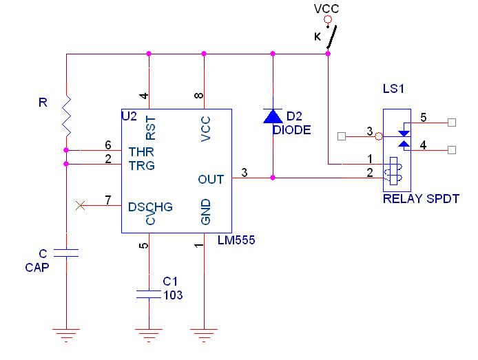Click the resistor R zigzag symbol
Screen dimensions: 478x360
click(x=66, y=116)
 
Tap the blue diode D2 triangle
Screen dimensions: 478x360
click(x=273, y=116)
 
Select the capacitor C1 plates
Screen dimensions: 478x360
click(x=149, y=294)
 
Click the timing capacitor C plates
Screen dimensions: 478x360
click(x=66, y=253)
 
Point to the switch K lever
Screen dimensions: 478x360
click(x=332, y=37)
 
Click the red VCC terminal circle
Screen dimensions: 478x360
click(x=328, y=20)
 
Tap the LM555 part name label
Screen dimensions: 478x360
click(x=236, y=240)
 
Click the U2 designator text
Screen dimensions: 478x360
click(x=129, y=116)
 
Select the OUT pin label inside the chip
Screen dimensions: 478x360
click(x=211, y=180)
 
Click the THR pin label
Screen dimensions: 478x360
click(x=141, y=151)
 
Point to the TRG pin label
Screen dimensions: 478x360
click(x=141, y=166)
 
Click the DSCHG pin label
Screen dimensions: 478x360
click(x=150, y=207)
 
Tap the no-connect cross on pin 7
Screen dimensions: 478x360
click(x=80, y=206)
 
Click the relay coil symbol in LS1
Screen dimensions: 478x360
click(x=393, y=171)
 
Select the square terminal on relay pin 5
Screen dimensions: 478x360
click(x=452, y=123)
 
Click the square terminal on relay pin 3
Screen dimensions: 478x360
click(x=342, y=136)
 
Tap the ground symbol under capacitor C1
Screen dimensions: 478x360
click(x=149, y=335)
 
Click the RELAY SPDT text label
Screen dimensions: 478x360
click(x=421, y=199)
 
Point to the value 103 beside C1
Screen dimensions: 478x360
click(x=173, y=295)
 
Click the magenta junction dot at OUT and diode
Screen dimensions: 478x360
click(x=273, y=178)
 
